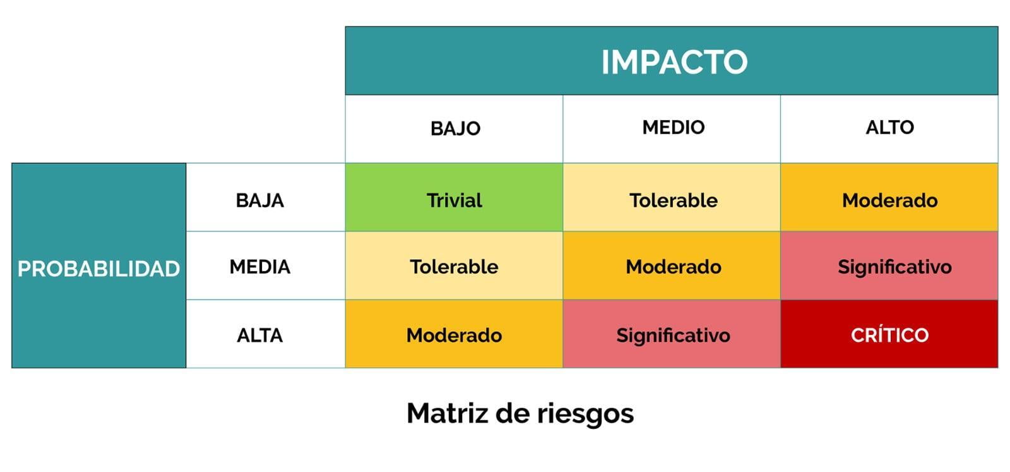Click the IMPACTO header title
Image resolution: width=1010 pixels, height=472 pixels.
(x=674, y=62)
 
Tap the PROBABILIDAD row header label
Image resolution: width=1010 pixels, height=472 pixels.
(x=98, y=269)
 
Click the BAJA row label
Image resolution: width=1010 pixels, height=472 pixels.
(x=259, y=200)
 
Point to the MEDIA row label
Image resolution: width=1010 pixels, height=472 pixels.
(x=259, y=267)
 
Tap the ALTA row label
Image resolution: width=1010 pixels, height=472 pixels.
(x=259, y=336)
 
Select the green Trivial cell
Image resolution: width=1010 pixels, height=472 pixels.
(x=454, y=197)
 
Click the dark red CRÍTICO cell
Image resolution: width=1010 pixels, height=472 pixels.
(x=889, y=334)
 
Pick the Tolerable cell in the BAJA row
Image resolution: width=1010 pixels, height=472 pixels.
(x=672, y=197)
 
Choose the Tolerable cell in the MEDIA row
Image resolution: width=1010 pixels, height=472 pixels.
(x=454, y=265)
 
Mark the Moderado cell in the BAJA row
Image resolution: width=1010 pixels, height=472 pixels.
(x=889, y=197)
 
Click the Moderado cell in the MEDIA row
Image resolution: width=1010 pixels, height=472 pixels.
(x=672, y=265)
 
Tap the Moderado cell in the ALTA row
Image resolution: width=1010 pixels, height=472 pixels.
(x=454, y=334)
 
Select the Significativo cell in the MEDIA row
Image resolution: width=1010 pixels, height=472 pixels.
(x=889, y=265)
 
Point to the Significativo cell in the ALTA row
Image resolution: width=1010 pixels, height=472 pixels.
(x=672, y=334)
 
